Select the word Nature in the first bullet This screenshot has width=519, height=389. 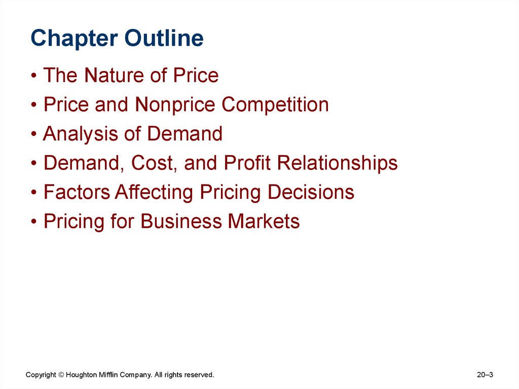click(113, 76)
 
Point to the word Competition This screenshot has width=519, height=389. click(275, 105)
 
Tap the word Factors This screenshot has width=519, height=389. click(77, 193)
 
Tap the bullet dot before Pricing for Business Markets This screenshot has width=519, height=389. click(34, 223)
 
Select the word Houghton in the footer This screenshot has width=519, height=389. click(82, 375)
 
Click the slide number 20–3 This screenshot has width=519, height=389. click(485, 375)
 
